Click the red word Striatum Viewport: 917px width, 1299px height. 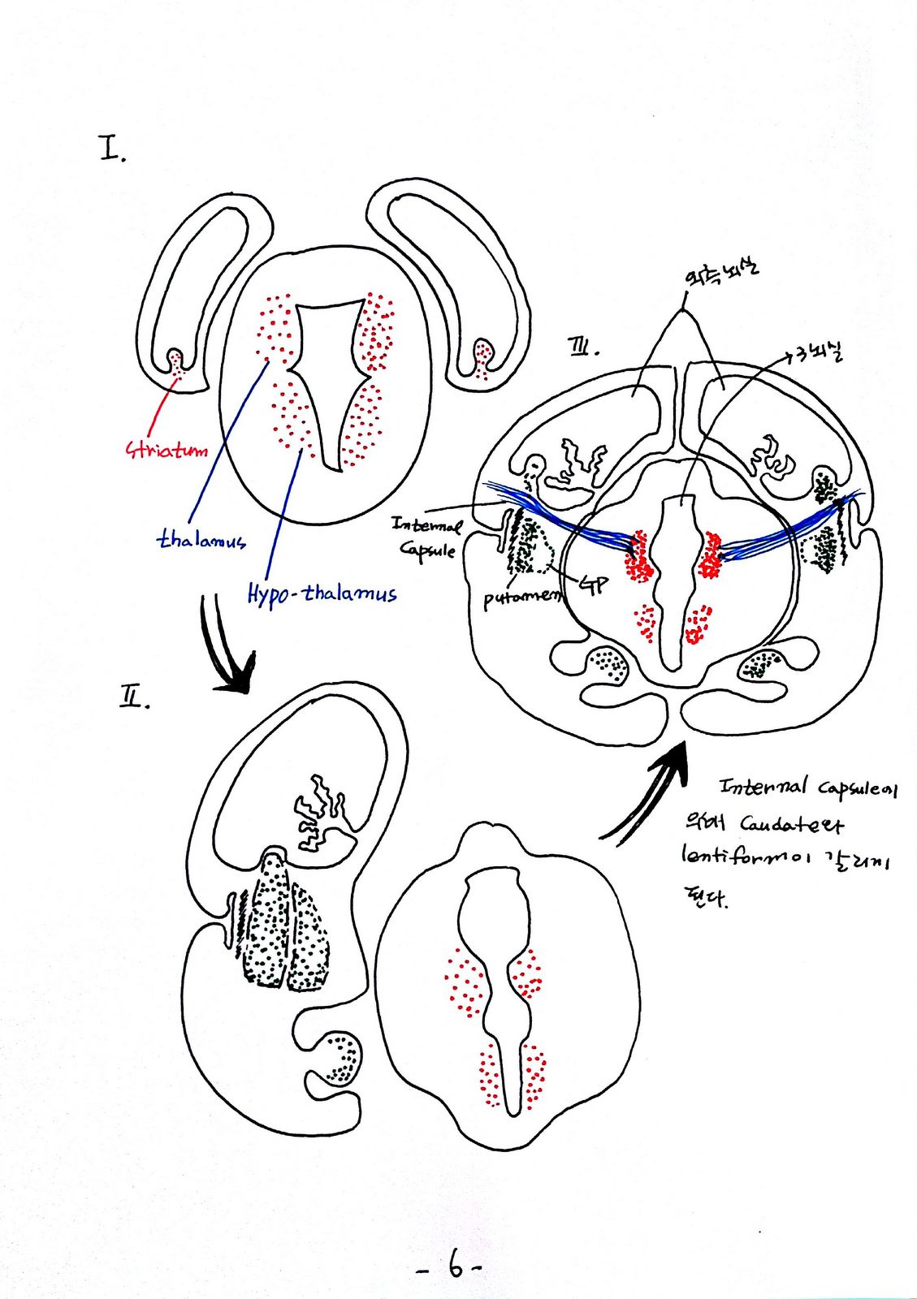coord(167,449)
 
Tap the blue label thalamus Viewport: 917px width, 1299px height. coord(201,539)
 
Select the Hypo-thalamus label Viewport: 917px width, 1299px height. coord(322,593)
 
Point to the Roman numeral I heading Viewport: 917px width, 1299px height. coord(112,149)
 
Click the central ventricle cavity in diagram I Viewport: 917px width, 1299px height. coord(327,373)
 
